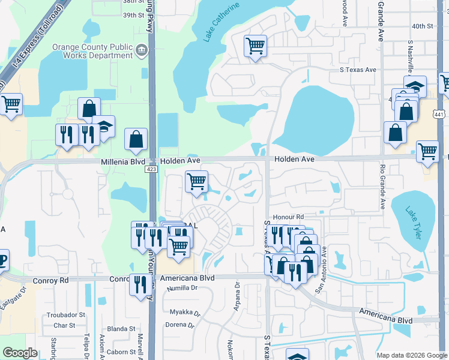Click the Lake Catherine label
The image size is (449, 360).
(x=221, y=22)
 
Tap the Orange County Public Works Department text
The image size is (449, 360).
(x=92, y=51)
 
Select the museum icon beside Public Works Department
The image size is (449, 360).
(x=142, y=49)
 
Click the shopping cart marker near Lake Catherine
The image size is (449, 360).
(x=255, y=46)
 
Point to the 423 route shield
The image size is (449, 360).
(x=151, y=170)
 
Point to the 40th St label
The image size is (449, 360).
(x=422, y=26)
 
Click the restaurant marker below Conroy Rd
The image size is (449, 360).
(x=139, y=285)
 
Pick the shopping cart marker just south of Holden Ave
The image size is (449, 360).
(x=196, y=181)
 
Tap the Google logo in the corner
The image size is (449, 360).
(x=19, y=353)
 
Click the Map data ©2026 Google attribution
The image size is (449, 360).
(x=411, y=355)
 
